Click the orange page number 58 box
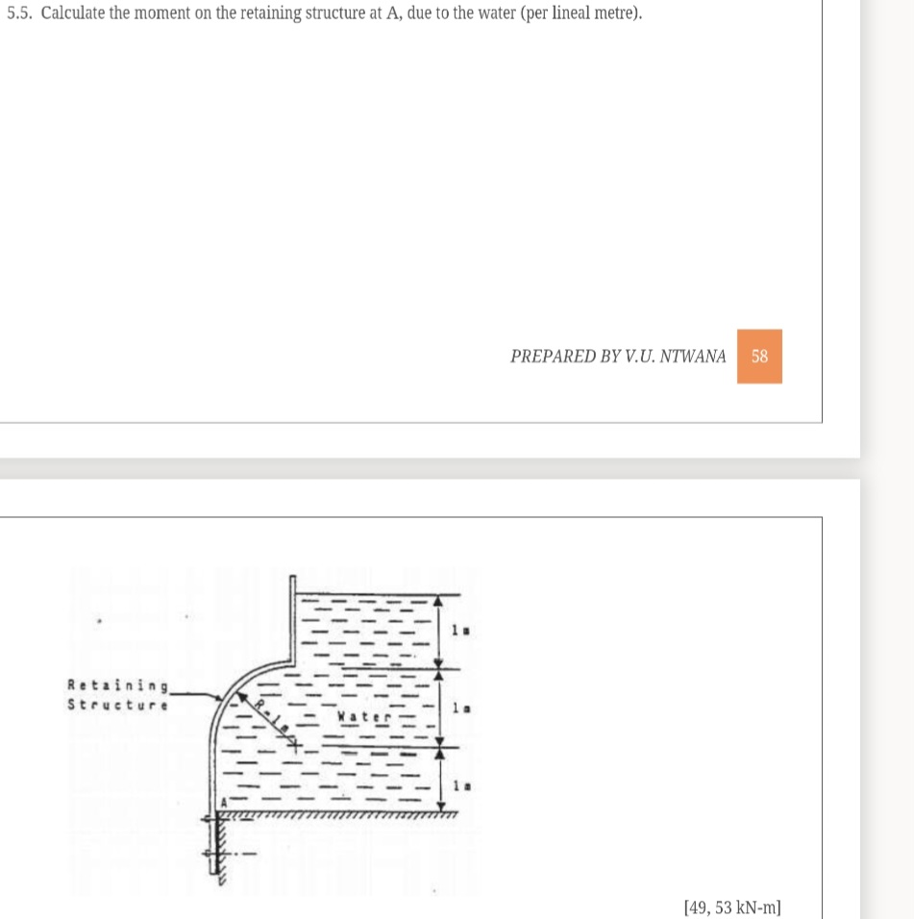click(x=759, y=357)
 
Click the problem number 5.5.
click(x=19, y=15)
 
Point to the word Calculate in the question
click(x=73, y=15)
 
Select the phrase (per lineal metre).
click(x=581, y=15)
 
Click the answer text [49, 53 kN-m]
click(x=731, y=907)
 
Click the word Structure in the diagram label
click(x=118, y=704)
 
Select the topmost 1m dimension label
click(x=459, y=630)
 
